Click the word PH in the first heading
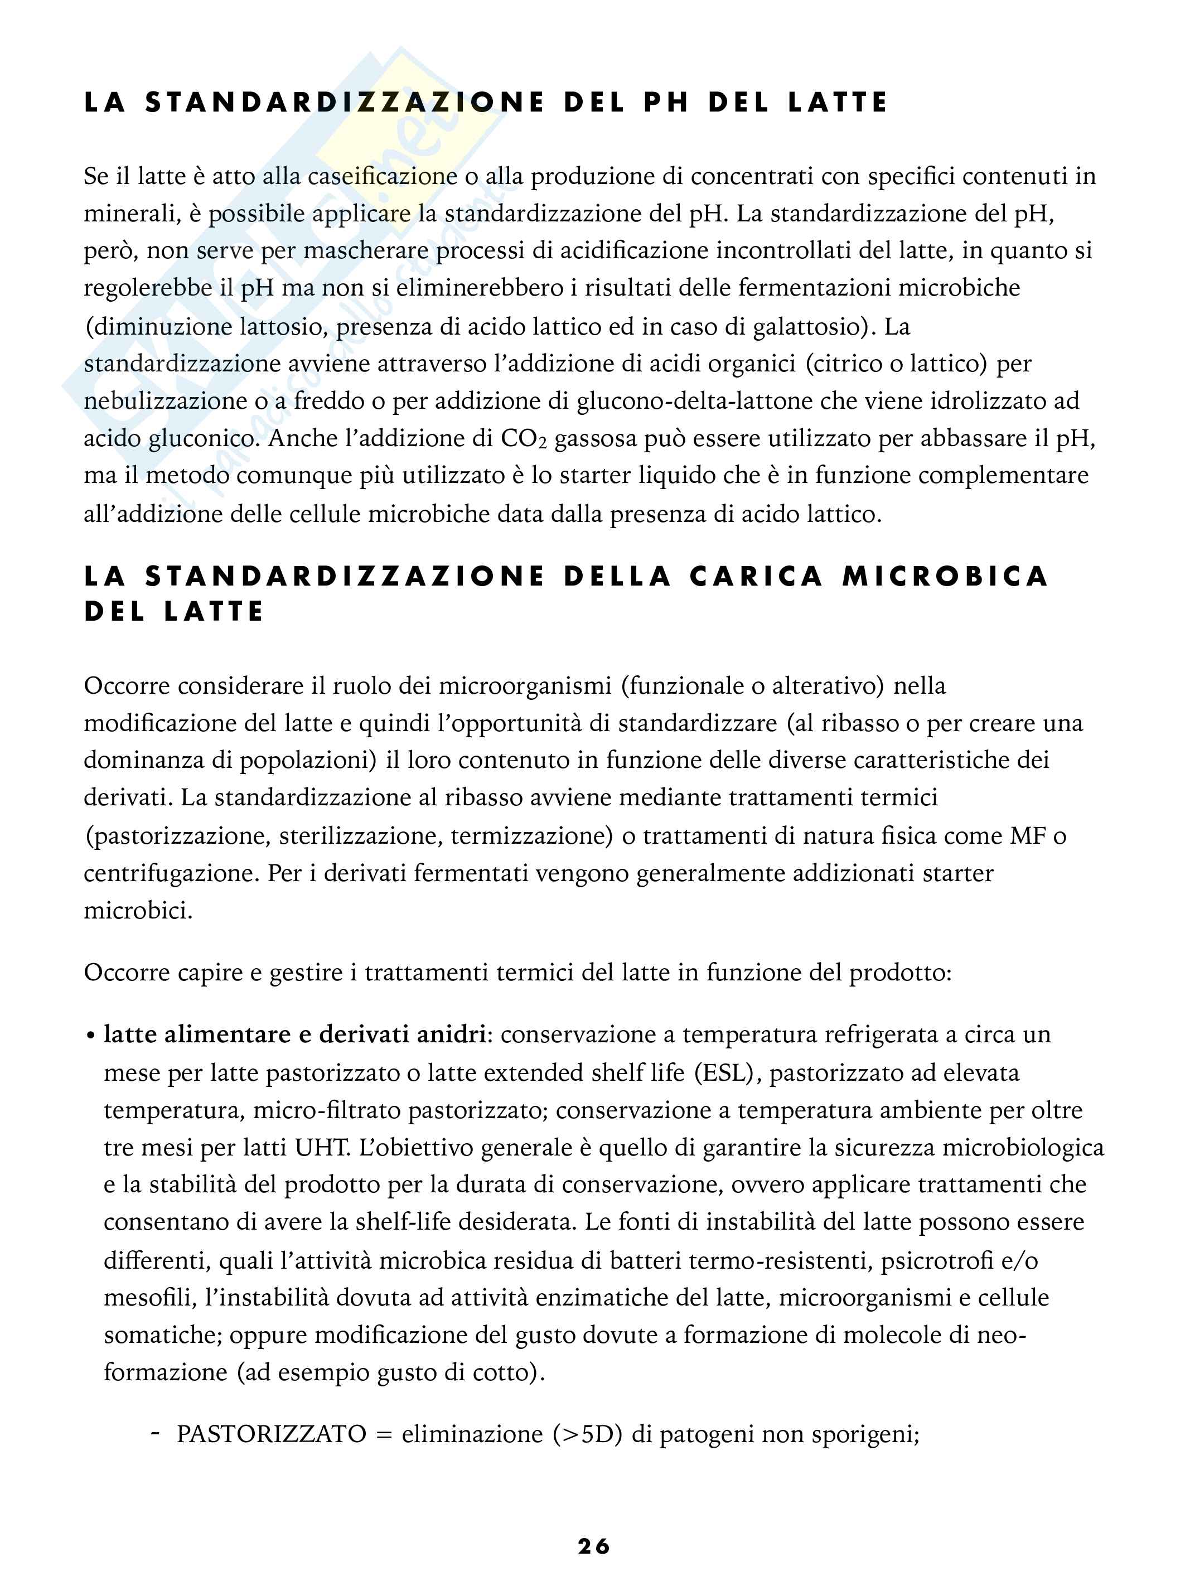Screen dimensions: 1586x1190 (666, 103)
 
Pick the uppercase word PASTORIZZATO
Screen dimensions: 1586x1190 (272, 1433)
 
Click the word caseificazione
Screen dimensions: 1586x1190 (382, 176)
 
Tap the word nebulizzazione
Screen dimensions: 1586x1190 (166, 401)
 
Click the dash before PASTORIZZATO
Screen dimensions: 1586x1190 (155, 1433)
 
